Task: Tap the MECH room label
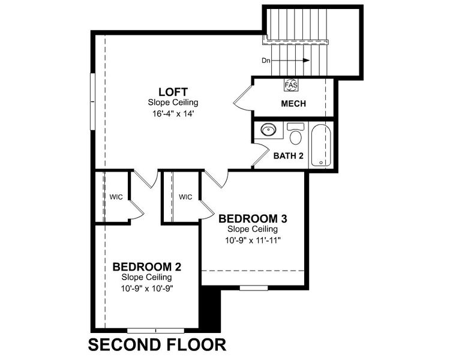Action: tap(293, 104)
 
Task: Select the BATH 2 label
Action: tap(289, 156)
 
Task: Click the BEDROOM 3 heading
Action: tap(248, 218)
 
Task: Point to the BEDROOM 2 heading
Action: tap(147, 266)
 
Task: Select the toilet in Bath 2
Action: tap(295, 134)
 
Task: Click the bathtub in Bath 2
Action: tap(321, 145)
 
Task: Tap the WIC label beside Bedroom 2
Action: tap(116, 196)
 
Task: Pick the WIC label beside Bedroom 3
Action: tap(185, 196)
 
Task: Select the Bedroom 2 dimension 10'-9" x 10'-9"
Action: tap(147, 287)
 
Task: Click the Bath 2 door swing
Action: tap(259, 157)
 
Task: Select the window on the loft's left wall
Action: tap(92, 100)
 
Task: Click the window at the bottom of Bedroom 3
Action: tap(254, 288)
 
